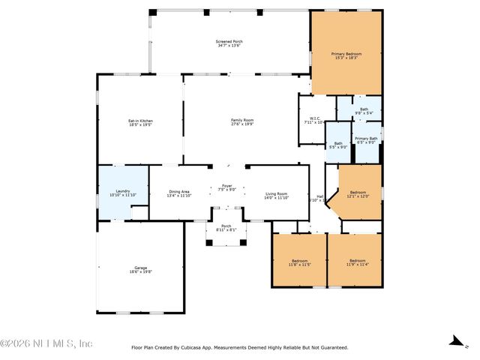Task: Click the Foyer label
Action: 226,187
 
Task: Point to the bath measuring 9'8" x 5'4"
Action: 364,109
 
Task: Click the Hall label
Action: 319,196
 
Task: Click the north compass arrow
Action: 454,341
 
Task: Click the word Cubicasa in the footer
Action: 194,347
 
